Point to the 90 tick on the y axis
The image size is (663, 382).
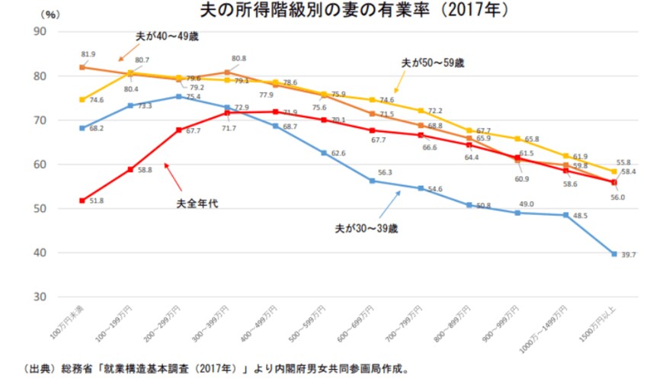click(40, 31)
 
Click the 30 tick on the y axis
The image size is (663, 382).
click(40, 297)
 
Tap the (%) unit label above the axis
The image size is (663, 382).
click(50, 14)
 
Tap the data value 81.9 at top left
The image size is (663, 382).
click(88, 54)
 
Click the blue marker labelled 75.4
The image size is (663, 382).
click(178, 97)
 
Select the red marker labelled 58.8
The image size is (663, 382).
click(130, 169)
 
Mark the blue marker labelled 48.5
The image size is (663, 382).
click(565, 215)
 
